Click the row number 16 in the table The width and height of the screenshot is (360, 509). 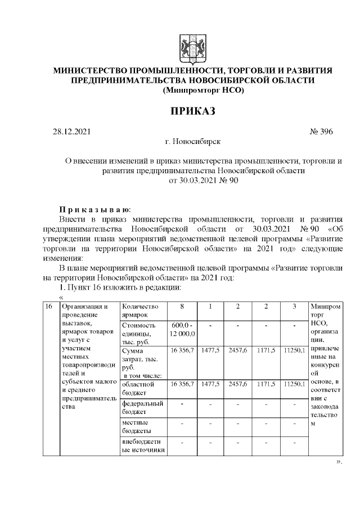coord(49,307)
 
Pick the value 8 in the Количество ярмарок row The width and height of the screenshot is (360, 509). coord(182,307)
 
